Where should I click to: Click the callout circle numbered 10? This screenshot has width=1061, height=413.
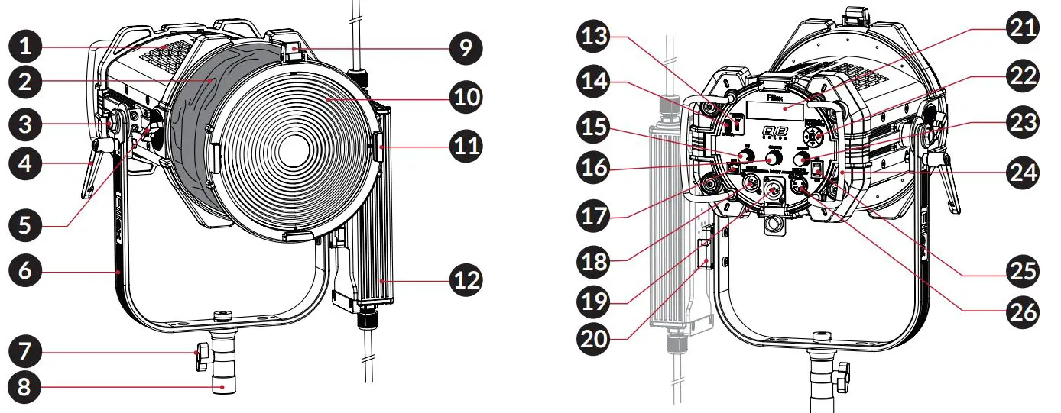coord(466,97)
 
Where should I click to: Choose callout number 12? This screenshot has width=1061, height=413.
coord(466,280)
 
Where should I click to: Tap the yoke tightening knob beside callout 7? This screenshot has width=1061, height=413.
coord(203,355)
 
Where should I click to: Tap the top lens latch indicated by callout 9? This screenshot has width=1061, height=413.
coord(294,53)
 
